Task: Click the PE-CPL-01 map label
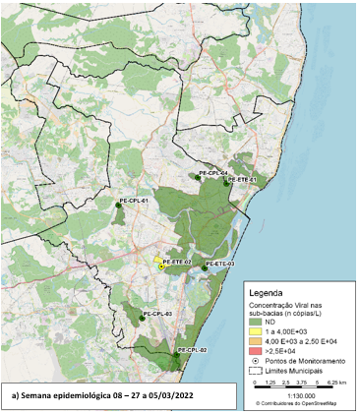click(x=133, y=201)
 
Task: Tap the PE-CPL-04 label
click(x=213, y=173)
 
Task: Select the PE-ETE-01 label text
click(x=242, y=180)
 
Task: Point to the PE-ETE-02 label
click(x=176, y=262)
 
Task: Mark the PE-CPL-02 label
click(x=192, y=350)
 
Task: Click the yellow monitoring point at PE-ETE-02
click(x=161, y=266)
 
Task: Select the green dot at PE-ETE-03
click(x=204, y=267)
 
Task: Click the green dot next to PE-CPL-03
click(x=127, y=316)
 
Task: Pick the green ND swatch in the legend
click(x=258, y=322)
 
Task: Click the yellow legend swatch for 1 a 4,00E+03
click(x=258, y=331)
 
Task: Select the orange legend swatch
click(x=258, y=341)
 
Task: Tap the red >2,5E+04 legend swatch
click(x=258, y=351)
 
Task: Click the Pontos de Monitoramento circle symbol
click(x=258, y=362)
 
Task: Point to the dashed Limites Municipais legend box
click(x=258, y=372)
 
